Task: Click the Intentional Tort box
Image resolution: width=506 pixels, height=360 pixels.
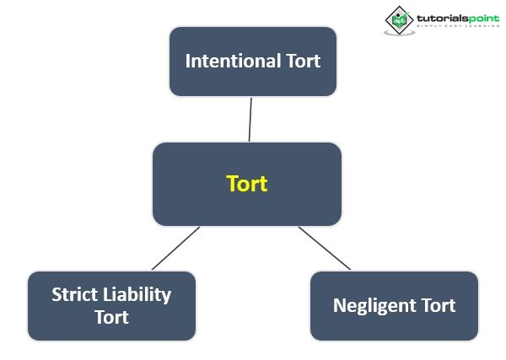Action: [x=252, y=61]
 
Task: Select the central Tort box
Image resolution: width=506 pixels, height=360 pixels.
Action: [x=246, y=183]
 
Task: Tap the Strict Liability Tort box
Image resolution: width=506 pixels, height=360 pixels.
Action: [x=111, y=305]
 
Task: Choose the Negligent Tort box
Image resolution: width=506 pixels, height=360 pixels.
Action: [x=394, y=305]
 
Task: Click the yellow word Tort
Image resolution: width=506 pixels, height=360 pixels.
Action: [x=247, y=184]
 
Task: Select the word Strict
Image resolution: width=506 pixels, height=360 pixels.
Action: [x=75, y=295]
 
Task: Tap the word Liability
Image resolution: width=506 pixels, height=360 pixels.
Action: [x=137, y=295]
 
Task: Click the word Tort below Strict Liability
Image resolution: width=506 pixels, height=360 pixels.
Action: [x=111, y=317]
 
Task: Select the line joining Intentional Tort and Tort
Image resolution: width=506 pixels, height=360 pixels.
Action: [x=250, y=119]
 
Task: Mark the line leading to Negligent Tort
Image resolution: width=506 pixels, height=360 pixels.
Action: [x=325, y=248]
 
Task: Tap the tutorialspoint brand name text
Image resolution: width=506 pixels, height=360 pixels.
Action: [x=451, y=16]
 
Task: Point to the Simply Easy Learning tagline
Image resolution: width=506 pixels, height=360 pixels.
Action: [x=451, y=28]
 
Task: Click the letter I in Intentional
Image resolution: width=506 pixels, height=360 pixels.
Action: [x=187, y=61]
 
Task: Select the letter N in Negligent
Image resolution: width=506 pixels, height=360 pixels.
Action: [x=338, y=305]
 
